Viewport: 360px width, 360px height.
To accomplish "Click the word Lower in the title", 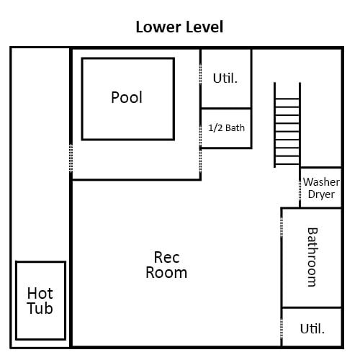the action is coord(158,27).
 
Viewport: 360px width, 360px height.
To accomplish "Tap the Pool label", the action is coord(127,97).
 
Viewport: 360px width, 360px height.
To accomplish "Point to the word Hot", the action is coord(40,293).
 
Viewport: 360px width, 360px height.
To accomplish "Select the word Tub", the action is coord(40,308).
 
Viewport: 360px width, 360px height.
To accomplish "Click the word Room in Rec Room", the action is coord(166,273).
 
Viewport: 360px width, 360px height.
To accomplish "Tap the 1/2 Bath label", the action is coord(226,128).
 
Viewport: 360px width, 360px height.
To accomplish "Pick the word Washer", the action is coord(321,182).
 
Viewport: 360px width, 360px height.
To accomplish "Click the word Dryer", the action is coord(321,194).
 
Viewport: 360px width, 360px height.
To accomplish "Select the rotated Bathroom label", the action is coord(312,257).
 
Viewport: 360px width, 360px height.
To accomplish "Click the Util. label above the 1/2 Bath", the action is coord(225,78).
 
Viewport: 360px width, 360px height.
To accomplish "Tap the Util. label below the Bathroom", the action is coord(312,328).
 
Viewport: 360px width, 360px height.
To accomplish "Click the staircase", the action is coord(287,125).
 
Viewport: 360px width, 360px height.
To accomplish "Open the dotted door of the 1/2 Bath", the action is coord(200,135).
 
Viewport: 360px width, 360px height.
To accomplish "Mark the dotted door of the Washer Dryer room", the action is coord(300,189).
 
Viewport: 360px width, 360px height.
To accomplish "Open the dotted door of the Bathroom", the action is coord(282,227).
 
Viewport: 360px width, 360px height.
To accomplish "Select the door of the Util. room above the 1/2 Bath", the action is coord(200,74).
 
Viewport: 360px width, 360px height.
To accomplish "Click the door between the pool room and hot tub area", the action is coord(71,158).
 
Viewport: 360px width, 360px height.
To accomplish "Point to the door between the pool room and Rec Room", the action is coord(200,161).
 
